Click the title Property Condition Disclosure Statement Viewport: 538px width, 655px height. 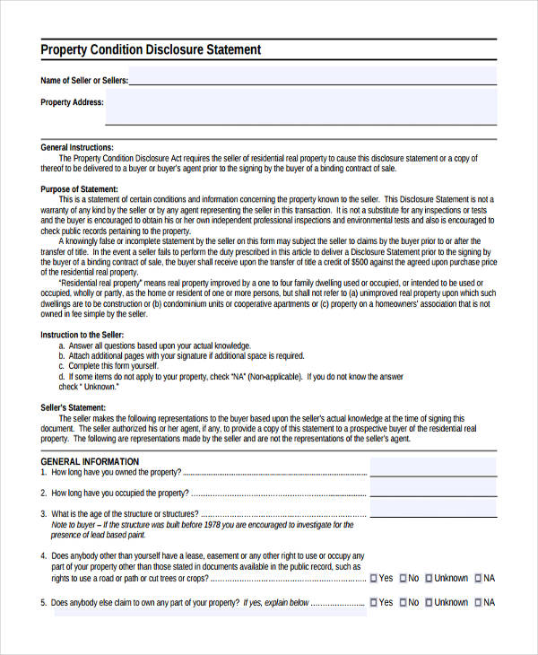point(151,50)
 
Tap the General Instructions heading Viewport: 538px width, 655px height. point(77,146)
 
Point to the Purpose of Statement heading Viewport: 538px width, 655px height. point(80,189)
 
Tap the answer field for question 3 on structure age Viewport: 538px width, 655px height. point(432,511)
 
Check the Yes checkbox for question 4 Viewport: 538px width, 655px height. point(374,579)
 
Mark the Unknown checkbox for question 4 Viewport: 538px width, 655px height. point(430,579)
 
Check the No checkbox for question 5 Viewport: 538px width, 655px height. point(403,603)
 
